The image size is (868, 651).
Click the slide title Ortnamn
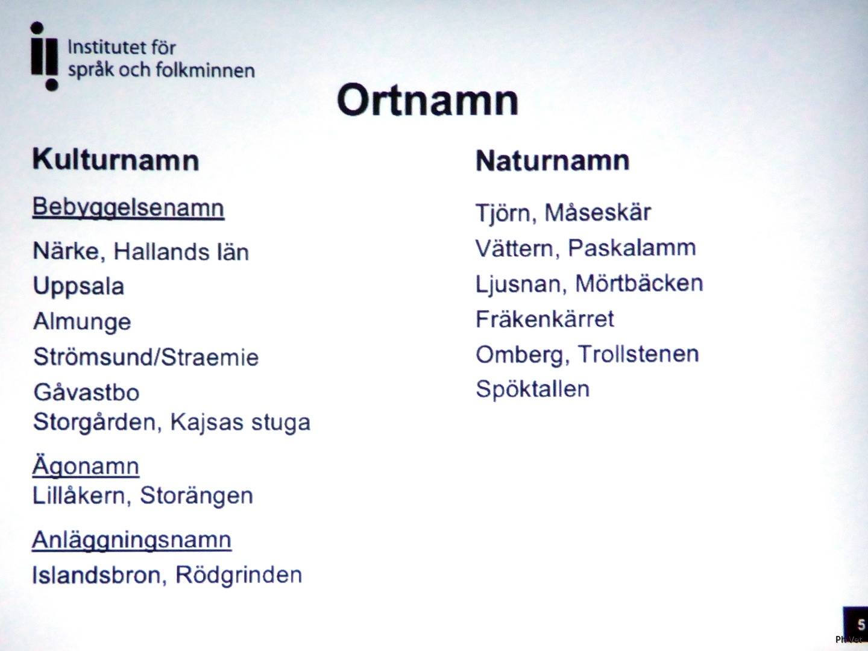(x=427, y=101)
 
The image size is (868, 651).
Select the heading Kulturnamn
(x=116, y=160)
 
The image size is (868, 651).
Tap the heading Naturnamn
(x=552, y=161)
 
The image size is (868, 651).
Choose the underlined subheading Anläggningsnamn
(x=131, y=540)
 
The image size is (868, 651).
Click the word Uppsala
(x=79, y=287)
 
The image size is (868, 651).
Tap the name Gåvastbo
(x=87, y=392)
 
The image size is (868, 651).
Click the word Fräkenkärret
(x=545, y=319)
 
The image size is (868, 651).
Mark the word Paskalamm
(x=632, y=248)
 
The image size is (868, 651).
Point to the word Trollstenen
(x=638, y=354)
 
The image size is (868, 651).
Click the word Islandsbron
(x=96, y=575)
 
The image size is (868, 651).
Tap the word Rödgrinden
(x=239, y=575)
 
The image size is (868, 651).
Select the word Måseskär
(x=597, y=213)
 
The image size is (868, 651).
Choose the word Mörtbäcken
(x=639, y=284)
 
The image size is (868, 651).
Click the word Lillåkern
(x=78, y=495)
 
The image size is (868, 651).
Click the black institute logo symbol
(x=45, y=56)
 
